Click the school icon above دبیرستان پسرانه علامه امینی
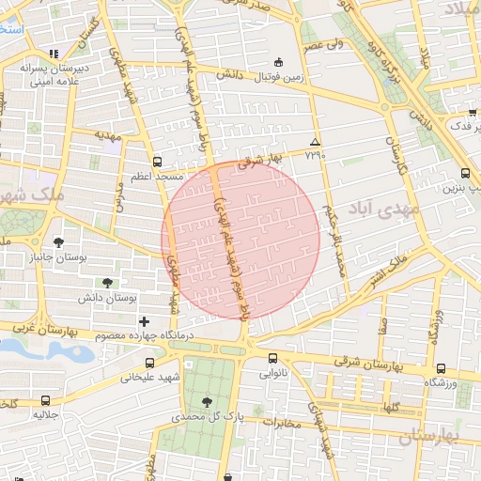pos(55,54)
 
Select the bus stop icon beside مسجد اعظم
pos(156,161)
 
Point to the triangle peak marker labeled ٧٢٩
pos(315,142)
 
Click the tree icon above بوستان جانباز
pos(59,242)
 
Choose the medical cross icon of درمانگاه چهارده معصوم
pos(144,321)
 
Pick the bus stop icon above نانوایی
pos(272,358)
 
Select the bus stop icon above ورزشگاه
pos(440,367)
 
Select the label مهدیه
pos(110,134)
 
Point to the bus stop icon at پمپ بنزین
pos(466,174)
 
